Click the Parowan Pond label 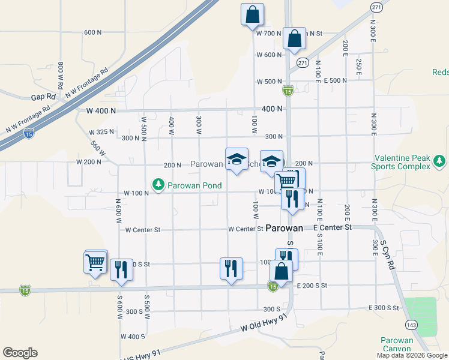pos(194,185)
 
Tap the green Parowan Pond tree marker pos(158,185)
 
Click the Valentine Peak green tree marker pos(440,161)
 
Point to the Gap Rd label pos(43,97)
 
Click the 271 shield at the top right pos(376,7)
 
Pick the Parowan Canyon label pos(397,344)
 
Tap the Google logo pos(20,353)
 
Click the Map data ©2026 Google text pos(411,355)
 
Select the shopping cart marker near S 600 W pos(95,262)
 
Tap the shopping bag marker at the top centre pos(253,14)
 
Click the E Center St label pos(333,228)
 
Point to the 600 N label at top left pos(94,32)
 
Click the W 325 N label pos(101,132)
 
